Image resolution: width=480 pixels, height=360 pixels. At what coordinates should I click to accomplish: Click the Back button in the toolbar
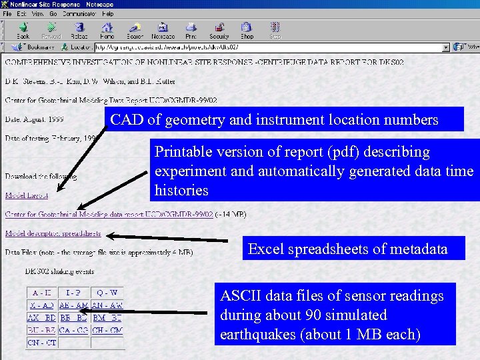click(x=23, y=30)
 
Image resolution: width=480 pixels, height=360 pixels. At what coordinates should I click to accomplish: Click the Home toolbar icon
click(x=107, y=30)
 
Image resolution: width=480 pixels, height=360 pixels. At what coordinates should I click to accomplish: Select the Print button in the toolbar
click(x=191, y=30)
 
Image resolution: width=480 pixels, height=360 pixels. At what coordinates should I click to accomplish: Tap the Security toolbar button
click(x=219, y=30)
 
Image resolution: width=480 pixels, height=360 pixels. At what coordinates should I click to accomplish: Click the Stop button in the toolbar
click(x=275, y=30)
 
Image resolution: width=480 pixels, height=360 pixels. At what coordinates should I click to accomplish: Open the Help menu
click(x=108, y=13)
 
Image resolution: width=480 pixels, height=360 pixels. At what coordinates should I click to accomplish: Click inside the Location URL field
click(x=267, y=47)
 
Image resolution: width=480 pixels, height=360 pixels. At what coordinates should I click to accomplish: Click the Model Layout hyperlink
click(x=26, y=195)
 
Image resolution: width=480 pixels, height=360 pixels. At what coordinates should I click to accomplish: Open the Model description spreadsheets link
click(x=53, y=234)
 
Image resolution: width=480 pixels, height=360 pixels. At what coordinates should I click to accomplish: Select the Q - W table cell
click(x=107, y=293)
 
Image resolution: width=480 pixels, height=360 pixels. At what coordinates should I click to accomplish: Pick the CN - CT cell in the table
click(x=41, y=343)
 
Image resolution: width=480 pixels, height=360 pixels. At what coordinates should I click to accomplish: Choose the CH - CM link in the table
click(x=107, y=331)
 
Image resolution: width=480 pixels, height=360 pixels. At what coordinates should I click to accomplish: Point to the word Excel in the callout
click(x=264, y=250)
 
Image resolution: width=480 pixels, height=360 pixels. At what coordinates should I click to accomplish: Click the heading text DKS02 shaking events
click(x=59, y=272)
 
